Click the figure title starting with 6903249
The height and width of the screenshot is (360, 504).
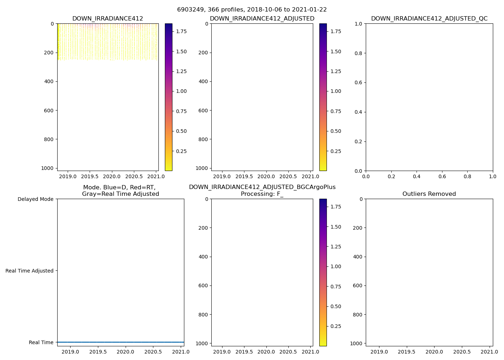click(252, 10)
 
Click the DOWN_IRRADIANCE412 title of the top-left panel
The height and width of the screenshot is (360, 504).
click(108, 19)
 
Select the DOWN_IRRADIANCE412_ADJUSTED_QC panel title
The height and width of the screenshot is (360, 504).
click(429, 19)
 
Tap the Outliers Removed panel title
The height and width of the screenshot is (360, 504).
click(429, 194)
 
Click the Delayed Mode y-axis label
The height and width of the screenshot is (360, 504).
click(35, 199)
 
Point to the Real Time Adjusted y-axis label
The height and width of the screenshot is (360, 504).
click(30, 271)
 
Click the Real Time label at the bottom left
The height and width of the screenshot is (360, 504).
click(41, 342)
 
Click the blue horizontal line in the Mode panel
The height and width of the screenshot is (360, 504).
click(121, 342)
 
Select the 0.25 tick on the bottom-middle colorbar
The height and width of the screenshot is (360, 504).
click(336, 326)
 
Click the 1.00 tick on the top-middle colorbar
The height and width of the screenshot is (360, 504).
click(336, 91)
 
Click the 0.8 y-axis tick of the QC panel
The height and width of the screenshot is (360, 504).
click(358, 53)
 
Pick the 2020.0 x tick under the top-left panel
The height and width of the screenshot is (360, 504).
click(112, 176)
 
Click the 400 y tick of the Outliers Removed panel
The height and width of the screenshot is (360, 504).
click(358, 257)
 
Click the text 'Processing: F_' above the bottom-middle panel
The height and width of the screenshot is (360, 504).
click(262, 194)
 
